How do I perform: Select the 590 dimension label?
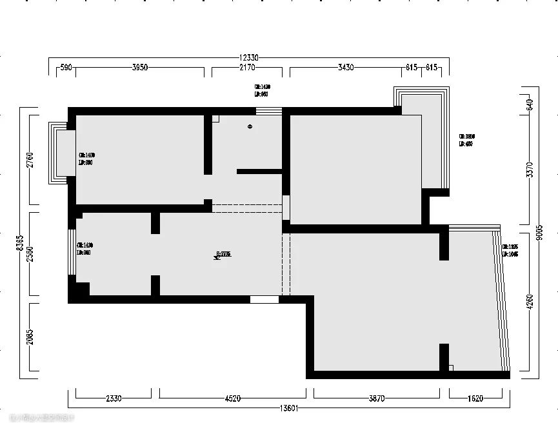65,68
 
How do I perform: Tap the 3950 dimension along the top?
140,68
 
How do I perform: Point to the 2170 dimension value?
246,68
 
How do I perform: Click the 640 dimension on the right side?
530,105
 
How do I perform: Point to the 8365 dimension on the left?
20,244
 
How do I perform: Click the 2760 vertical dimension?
30,160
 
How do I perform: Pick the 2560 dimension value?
30,256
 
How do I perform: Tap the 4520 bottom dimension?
233,398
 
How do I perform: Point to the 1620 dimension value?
475,398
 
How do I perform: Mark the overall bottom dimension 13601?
288,407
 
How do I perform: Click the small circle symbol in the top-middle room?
250,127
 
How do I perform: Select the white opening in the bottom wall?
264,299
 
